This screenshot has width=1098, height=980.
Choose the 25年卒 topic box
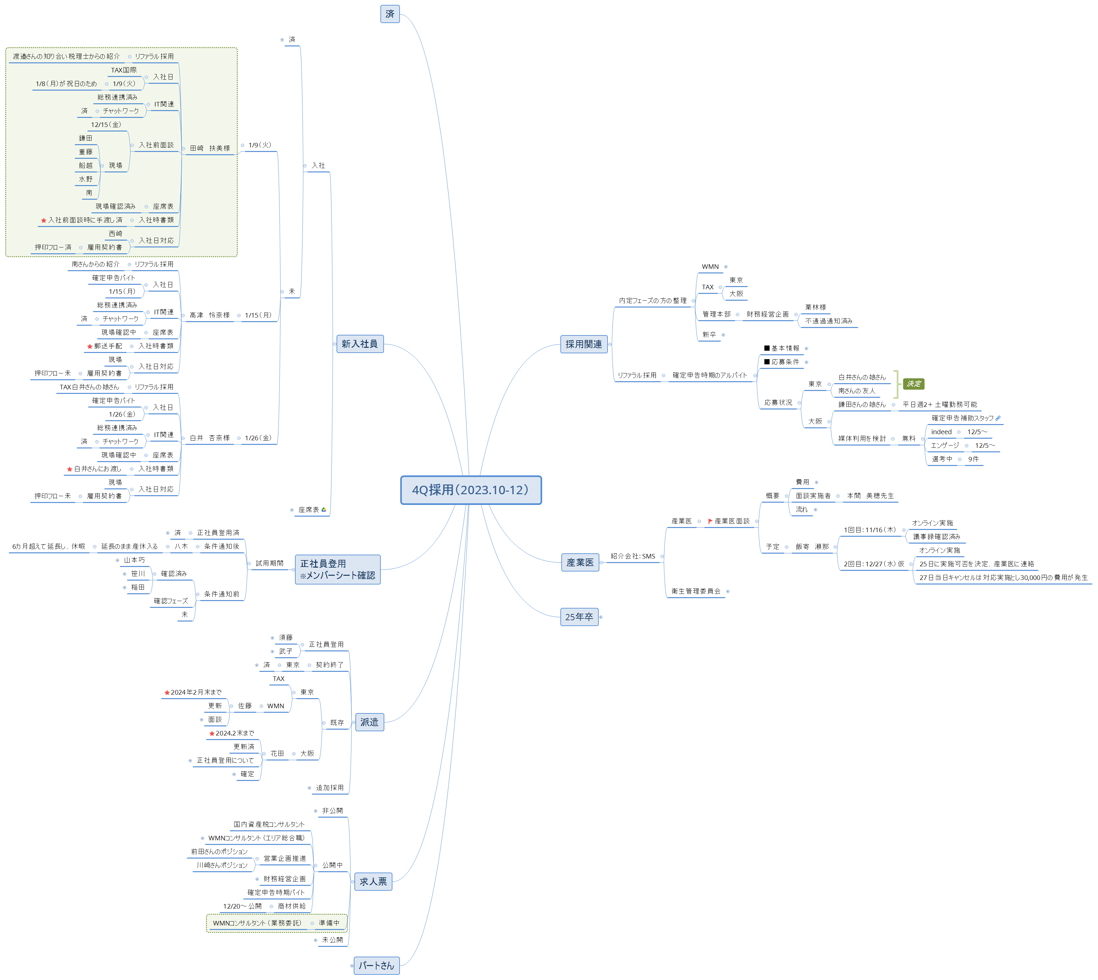pos(579,617)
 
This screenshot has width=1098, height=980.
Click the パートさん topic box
pos(376,965)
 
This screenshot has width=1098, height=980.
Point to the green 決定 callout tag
pos(914,384)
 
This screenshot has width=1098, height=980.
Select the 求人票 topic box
pos(373,882)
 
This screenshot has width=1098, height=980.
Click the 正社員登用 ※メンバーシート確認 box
pos(338,569)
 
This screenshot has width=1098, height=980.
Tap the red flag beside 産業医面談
pos(710,521)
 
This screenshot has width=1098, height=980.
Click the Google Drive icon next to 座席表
pos(324,509)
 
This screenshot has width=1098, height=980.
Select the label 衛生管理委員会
pos(696,591)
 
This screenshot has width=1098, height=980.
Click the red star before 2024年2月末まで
pos(167,692)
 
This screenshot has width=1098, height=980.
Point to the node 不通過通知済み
pos(829,321)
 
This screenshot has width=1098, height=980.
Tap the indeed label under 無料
pos(941,432)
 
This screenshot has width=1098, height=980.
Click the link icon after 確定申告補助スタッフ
pos(998,418)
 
